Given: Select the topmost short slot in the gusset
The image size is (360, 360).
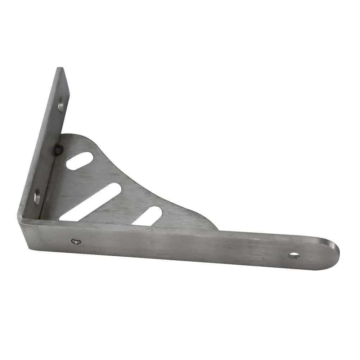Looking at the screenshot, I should (x=80, y=161).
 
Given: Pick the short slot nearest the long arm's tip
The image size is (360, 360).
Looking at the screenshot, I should (x=147, y=216).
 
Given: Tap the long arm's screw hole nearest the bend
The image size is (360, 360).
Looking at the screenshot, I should (x=76, y=242).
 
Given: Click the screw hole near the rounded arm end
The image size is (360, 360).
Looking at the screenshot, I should (x=294, y=255).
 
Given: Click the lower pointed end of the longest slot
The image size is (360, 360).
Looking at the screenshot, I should (x=62, y=219).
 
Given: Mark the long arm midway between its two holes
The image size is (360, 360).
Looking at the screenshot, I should (x=185, y=248).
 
